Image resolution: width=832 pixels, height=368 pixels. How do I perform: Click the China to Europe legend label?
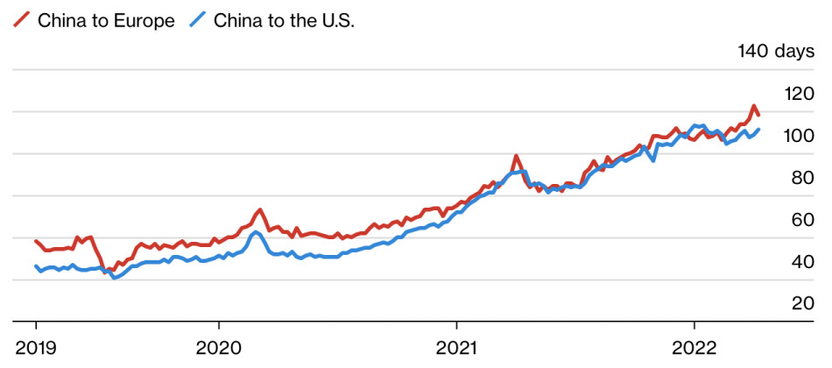[105, 21]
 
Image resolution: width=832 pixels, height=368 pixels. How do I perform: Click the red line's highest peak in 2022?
[753, 107]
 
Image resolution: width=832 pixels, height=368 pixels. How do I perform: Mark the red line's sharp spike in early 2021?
[516, 157]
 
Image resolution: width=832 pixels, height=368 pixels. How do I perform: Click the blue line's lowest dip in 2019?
[115, 277]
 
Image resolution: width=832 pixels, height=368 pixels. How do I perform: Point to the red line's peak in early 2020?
[259, 210]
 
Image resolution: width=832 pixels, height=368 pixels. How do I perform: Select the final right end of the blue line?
[758, 130]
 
